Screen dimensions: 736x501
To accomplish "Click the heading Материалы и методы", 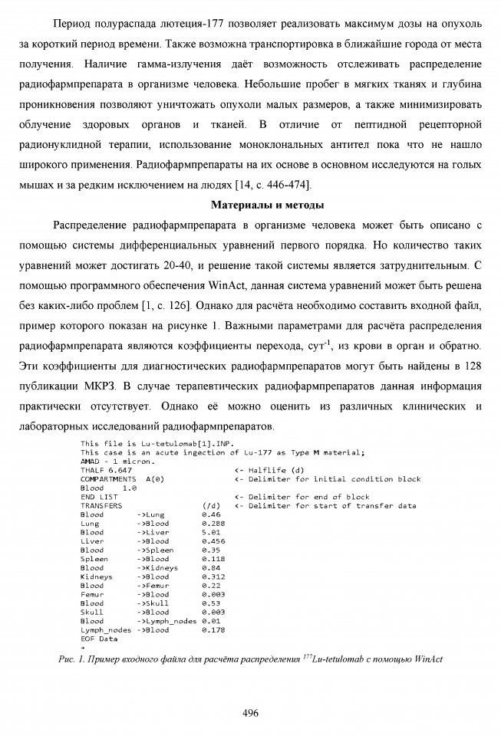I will (266, 205).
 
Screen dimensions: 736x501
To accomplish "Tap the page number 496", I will (250, 713).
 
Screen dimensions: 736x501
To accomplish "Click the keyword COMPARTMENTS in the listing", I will (108, 479).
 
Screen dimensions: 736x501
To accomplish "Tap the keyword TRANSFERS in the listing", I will (101, 506).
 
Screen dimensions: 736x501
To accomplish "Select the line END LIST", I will (99, 497).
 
